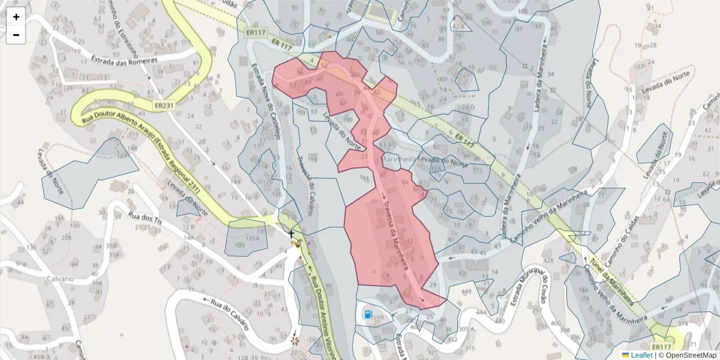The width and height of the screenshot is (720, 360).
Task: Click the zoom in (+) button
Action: [16, 17]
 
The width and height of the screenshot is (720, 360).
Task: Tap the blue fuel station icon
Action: [368, 313]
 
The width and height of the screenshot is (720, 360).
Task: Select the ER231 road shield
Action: [164, 106]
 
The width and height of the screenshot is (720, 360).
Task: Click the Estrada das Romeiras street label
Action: [124, 59]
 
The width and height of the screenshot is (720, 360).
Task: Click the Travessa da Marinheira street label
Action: [397, 232]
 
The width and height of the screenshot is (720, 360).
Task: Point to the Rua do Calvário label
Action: [226, 313]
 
